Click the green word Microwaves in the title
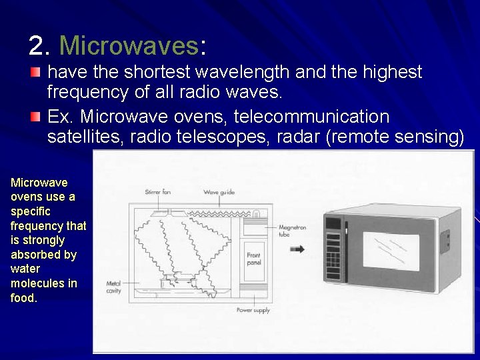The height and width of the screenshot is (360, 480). click(x=129, y=46)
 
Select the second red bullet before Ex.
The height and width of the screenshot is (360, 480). click(x=35, y=117)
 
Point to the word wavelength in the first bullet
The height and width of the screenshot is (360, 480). click(x=235, y=73)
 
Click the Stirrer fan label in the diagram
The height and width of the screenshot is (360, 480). click(x=158, y=192)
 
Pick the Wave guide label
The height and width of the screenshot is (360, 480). click(x=219, y=192)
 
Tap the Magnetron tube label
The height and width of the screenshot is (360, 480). click(x=292, y=231)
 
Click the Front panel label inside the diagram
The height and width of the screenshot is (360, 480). click(x=254, y=259)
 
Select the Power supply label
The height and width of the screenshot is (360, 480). click(x=253, y=310)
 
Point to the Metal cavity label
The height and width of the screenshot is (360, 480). click(x=113, y=287)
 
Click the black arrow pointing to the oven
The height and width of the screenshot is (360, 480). click(x=298, y=249)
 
